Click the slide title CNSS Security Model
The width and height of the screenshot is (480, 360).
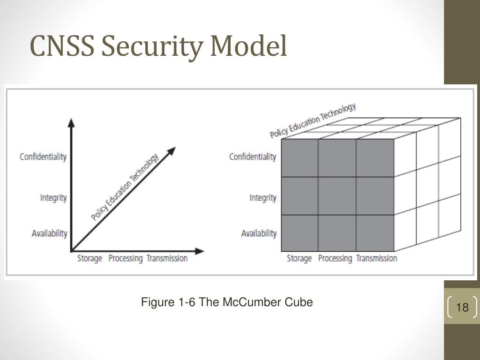(158, 47)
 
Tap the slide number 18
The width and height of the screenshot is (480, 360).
(462, 307)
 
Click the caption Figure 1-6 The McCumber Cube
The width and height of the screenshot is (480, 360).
(227, 302)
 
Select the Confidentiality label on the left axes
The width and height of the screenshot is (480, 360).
(43, 157)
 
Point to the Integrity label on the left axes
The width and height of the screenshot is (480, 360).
(53, 198)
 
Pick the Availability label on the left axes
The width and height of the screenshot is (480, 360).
(49, 233)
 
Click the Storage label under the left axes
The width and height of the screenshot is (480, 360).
(90, 258)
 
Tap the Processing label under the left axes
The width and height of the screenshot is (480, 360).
(125, 258)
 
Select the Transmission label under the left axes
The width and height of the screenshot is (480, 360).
(167, 258)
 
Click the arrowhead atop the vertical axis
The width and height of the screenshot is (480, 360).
(71, 123)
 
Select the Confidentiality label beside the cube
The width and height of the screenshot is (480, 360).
(253, 157)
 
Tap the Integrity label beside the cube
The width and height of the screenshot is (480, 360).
(263, 198)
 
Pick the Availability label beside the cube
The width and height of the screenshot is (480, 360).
(259, 233)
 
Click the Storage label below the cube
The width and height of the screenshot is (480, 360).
(299, 258)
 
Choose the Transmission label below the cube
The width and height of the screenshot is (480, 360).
(376, 258)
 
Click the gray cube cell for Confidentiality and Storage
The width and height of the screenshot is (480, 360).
(300, 158)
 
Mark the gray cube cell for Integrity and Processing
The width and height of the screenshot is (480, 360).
(337, 195)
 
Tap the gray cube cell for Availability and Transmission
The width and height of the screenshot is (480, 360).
(375, 232)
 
